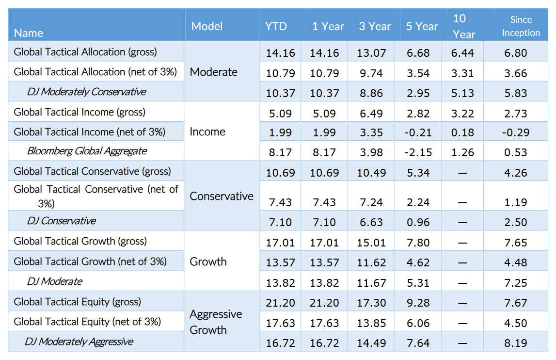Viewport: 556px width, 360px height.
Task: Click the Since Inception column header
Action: tap(521, 26)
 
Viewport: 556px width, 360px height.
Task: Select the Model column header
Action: tap(207, 26)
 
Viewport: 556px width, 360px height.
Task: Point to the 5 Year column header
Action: tap(422, 26)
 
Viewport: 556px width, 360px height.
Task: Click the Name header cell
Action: tap(29, 33)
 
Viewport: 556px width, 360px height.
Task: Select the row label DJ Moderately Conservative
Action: tap(86, 92)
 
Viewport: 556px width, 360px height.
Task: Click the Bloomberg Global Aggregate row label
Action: tap(86, 151)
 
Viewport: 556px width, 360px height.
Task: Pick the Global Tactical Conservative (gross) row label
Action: tap(92, 171)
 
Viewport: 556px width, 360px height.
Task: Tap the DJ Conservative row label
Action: tap(62, 221)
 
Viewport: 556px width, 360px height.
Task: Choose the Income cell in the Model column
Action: tap(207, 131)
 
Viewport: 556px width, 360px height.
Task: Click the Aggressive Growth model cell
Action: tap(216, 322)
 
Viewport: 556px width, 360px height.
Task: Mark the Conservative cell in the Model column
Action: tap(222, 196)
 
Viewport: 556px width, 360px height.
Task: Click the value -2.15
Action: tap(418, 152)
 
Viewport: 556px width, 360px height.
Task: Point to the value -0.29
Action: tap(516, 132)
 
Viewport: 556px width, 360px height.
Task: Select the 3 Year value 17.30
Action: tap(371, 303)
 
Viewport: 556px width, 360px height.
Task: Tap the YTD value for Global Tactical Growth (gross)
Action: tap(280, 243)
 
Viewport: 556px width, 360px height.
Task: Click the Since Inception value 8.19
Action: tap(516, 343)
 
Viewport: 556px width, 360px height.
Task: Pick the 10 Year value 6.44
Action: tap(462, 53)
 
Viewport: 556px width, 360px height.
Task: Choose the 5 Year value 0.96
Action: tap(418, 222)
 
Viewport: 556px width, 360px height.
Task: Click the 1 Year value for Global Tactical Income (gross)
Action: tap(324, 114)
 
